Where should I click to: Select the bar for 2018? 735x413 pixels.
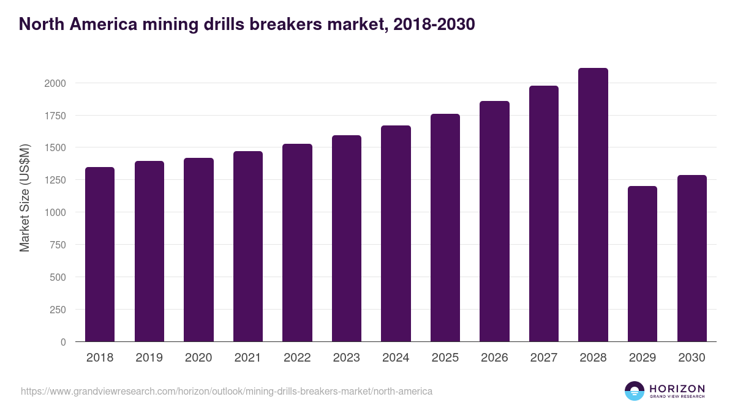tap(100, 254)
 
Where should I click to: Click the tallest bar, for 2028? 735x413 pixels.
tap(593, 205)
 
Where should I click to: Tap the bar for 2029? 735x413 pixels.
tap(643, 264)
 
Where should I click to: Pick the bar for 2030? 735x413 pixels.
tap(692, 258)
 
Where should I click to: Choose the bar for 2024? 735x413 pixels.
tap(396, 234)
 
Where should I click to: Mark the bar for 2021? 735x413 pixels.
tap(247, 247)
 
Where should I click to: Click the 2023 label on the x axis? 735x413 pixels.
tap(347, 358)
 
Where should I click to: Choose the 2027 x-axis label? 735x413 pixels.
tap(544, 358)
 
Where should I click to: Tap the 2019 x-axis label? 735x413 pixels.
tap(149, 358)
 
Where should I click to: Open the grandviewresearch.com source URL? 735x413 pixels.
tap(227, 391)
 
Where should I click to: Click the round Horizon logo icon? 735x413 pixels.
tap(634, 391)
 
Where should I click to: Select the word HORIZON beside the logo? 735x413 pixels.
tap(677, 388)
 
